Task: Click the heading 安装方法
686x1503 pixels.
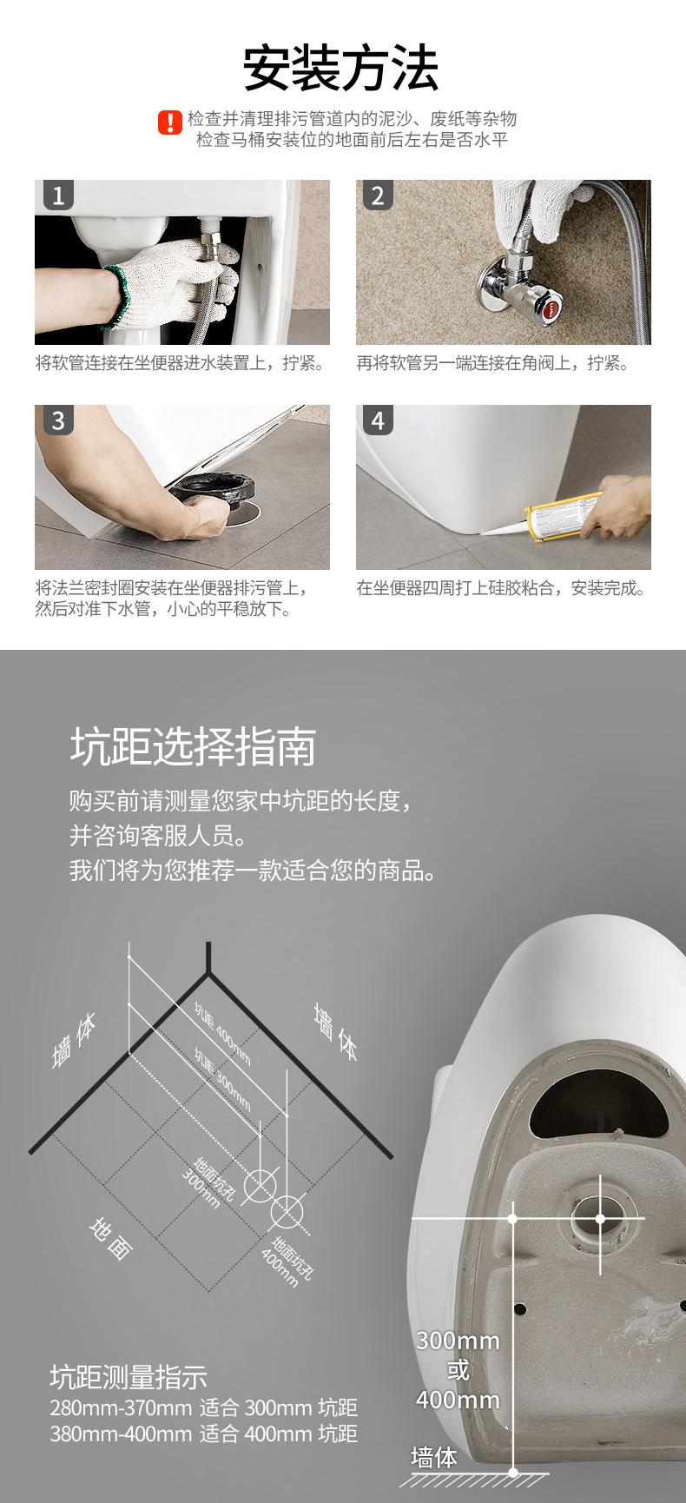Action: point(340,70)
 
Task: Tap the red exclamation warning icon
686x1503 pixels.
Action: point(169,122)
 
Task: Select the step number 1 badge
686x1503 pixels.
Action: point(58,195)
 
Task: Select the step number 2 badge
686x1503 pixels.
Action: point(377,195)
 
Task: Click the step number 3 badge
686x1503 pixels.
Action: point(58,420)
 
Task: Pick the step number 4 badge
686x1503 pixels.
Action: point(377,420)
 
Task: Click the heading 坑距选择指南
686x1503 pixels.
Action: point(193,747)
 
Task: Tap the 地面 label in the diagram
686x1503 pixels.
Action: point(110,1238)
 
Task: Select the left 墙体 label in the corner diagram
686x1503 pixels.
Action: point(74,1041)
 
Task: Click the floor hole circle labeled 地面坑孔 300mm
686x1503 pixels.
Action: point(260,1184)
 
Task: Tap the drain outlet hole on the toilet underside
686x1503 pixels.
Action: point(600,1218)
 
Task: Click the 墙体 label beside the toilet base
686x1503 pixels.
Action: point(433,1456)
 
